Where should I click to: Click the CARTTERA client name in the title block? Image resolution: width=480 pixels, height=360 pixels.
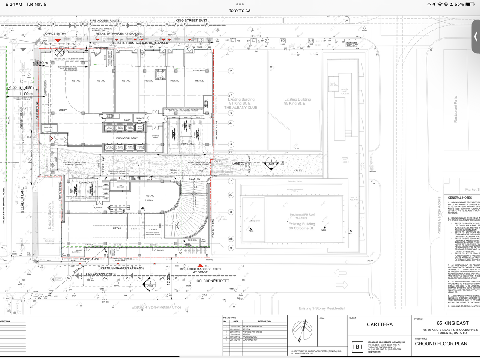(380, 324)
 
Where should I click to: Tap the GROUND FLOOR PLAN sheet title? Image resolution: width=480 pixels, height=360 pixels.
(441, 343)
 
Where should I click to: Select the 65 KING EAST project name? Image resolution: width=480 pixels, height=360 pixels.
(453, 323)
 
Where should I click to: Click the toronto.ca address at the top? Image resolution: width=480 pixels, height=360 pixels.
(240, 10)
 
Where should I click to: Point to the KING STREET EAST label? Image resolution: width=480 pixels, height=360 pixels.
(191, 20)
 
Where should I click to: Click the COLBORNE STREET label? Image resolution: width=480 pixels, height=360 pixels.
(213, 281)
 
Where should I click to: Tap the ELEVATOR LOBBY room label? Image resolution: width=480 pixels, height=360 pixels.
(127, 138)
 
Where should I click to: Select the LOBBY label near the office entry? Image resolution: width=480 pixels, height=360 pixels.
(63, 110)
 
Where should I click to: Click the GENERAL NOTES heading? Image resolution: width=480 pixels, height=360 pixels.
(460, 198)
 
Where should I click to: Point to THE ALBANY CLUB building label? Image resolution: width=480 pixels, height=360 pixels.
(241, 108)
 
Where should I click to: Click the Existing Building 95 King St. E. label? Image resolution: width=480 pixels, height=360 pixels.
(297, 101)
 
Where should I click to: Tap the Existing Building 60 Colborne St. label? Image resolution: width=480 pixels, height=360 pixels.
(301, 226)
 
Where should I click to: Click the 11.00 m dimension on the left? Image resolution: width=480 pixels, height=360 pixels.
(25, 94)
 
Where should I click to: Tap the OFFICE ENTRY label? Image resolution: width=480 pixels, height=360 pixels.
(55, 34)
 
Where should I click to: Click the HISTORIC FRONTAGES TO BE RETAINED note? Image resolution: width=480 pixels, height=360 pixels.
(139, 43)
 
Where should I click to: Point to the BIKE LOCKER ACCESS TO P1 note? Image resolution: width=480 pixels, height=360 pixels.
(201, 269)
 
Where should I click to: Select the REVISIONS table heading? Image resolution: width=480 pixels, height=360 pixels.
(230, 318)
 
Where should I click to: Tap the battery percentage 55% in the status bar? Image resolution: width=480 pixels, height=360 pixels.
(459, 4)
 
